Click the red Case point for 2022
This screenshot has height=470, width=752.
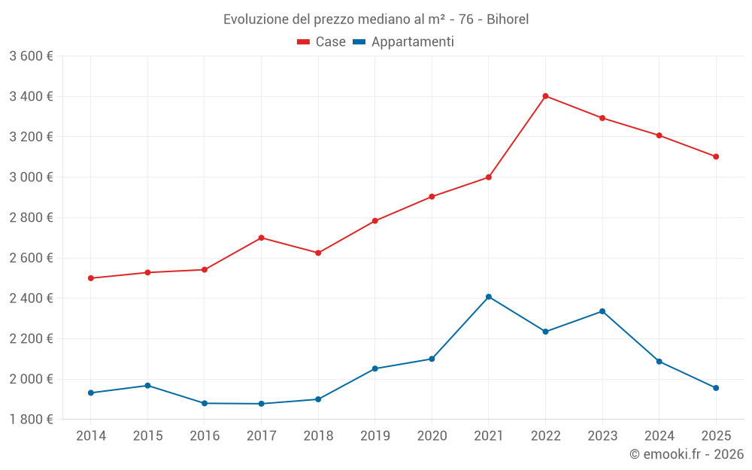click(545, 96)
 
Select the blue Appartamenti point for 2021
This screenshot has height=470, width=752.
click(489, 297)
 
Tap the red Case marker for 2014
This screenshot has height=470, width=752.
click(91, 278)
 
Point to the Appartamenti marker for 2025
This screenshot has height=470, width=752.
click(716, 388)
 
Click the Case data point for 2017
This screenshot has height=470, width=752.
click(261, 238)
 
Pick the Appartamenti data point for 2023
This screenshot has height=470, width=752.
click(602, 311)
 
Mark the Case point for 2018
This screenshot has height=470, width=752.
click(318, 253)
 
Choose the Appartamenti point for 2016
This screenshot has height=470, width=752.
click(205, 403)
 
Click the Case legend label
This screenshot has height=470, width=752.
click(330, 42)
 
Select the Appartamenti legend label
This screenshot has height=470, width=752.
click(412, 42)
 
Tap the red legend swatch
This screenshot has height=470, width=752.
click(304, 42)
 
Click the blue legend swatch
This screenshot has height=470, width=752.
click(359, 42)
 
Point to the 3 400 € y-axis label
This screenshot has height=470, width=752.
click(31, 96)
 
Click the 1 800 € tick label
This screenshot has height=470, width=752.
click(31, 419)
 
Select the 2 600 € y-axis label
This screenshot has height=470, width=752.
click(31, 258)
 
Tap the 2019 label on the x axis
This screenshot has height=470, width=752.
click(374, 435)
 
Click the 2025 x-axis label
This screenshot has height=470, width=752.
click(716, 435)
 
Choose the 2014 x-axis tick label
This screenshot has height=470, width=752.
click(91, 435)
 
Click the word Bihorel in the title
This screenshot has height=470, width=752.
click(508, 20)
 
